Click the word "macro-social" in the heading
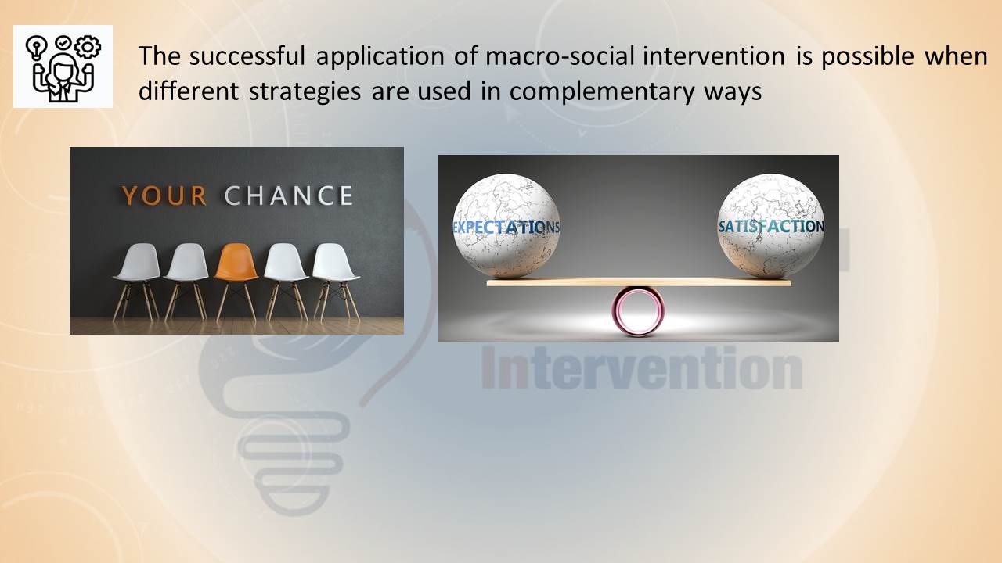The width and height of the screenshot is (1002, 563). [560, 56]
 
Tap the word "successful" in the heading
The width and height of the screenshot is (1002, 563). [247, 56]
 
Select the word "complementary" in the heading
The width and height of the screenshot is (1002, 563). [602, 92]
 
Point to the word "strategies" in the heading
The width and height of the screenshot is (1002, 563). [305, 92]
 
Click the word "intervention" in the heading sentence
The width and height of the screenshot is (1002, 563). [713, 56]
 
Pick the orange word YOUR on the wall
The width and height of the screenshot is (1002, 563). [164, 195]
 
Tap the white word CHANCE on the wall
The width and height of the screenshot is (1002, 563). [289, 195]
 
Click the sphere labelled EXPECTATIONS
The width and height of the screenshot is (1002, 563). [506, 226]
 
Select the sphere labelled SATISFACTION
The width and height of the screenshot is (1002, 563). [771, 226]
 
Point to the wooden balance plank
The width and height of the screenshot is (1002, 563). [638, 282]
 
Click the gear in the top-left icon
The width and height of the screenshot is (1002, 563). [88, 47]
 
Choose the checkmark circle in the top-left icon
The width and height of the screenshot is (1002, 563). [63, 43]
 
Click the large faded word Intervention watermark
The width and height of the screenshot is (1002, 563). [643, 368]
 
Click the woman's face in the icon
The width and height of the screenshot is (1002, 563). [63, 70]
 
